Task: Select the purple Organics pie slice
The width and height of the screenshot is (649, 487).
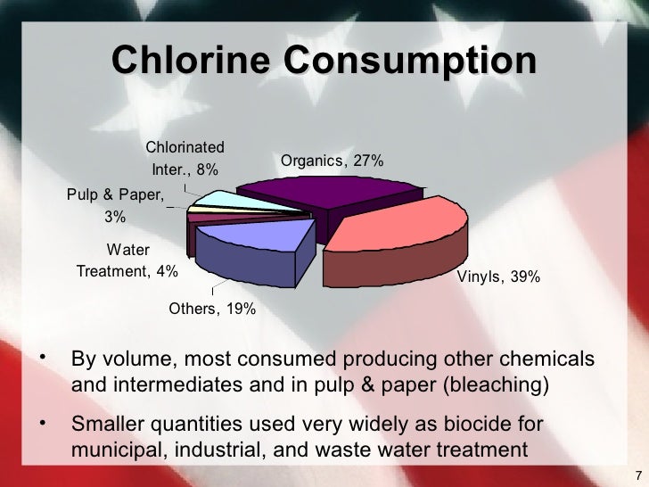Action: (330, 191)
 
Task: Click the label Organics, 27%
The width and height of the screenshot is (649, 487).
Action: (333, 161)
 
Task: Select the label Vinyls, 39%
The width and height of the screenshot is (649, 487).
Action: (498, 277)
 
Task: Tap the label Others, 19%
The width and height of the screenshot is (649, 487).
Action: (213, 310)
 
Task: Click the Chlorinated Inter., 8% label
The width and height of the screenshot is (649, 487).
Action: (185, 158)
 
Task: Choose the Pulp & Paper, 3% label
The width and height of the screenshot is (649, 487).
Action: (115, 205)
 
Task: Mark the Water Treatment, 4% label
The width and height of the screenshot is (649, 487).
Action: (127, 261)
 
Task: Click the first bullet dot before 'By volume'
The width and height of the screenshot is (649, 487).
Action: (43, 357)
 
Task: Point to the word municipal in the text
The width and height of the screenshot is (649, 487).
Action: (111, 449)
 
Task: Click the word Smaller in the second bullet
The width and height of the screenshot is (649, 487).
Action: (107, 423)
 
